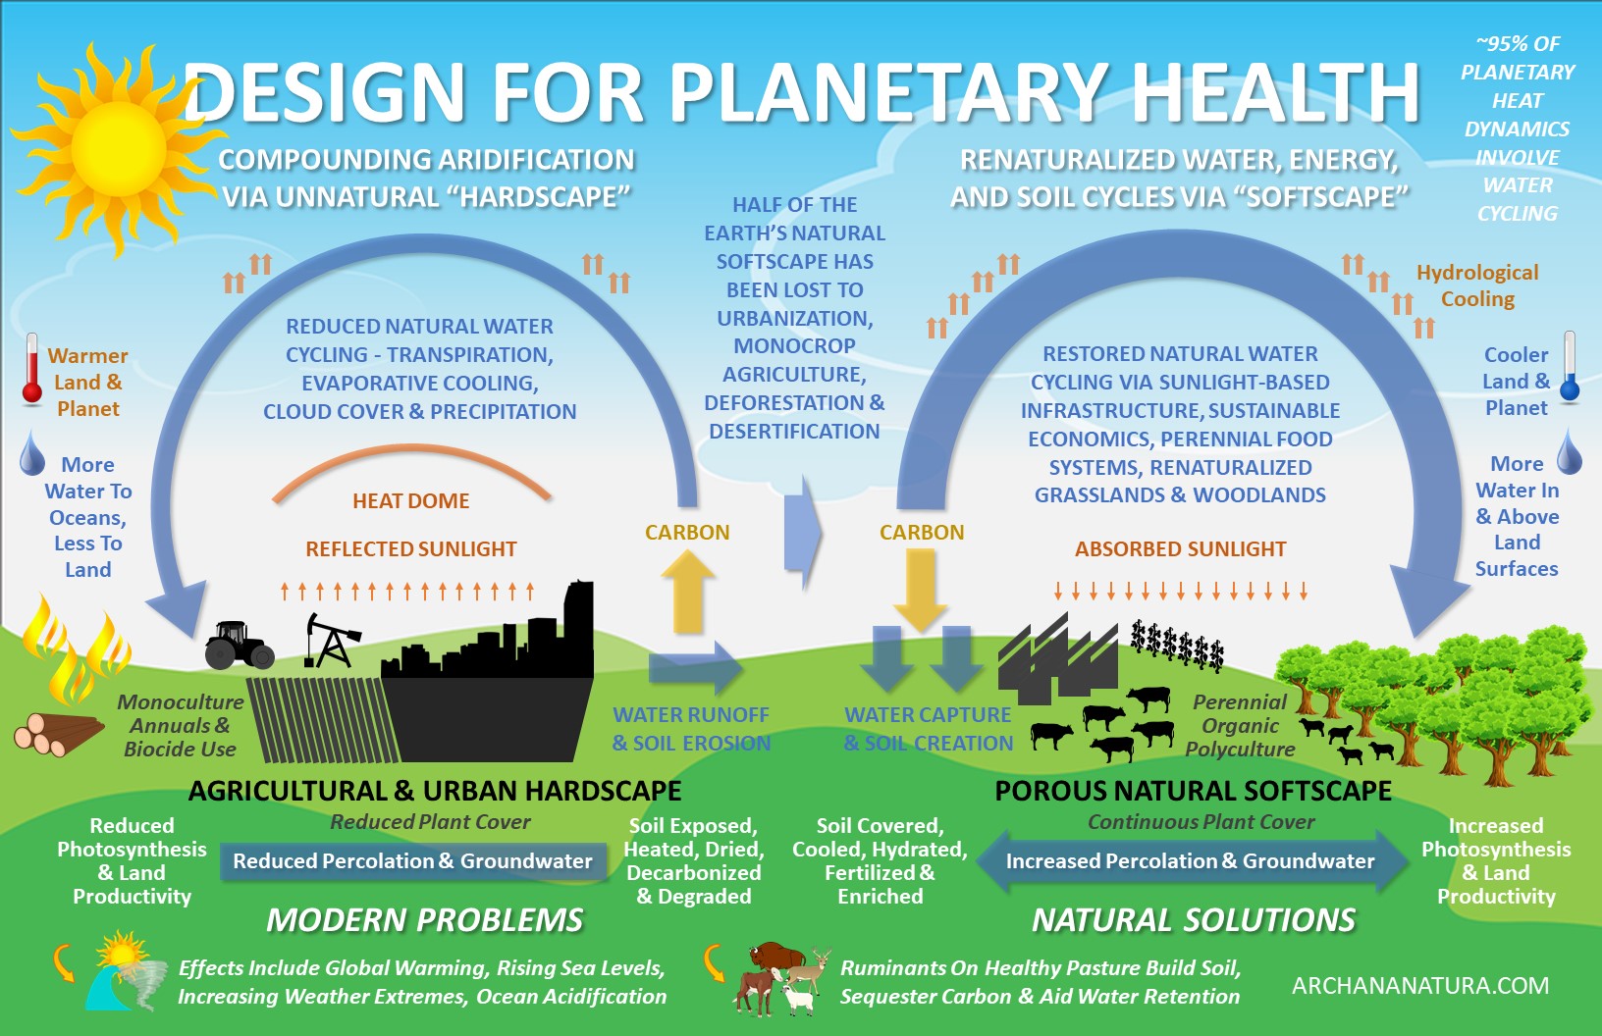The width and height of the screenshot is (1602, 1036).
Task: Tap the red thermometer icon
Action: click(31, 369)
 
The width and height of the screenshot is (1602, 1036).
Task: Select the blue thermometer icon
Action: click(1569, 367)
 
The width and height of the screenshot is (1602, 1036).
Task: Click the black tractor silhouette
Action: click(239, 645)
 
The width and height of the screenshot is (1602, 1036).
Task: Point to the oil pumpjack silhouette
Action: click(333, 640)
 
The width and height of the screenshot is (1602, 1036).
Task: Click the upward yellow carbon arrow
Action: click(688, 592)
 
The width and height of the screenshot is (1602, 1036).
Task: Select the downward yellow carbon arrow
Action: click(921, 590)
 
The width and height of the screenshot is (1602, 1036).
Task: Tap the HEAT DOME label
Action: click(410, 501)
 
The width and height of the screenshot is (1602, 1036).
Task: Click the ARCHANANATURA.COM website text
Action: click(1419, 985)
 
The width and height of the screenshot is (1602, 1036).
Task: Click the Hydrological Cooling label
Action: click(1476, 285)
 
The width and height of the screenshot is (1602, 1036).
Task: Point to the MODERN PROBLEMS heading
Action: click(425, 920)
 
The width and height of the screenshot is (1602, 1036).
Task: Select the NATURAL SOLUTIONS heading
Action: click(1194, 920)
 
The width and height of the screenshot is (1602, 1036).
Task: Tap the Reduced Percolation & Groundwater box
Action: click(412, 860)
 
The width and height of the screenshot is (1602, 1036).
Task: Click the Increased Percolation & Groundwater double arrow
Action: click(1191, 860)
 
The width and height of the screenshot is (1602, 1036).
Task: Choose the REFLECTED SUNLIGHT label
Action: click(410, 549)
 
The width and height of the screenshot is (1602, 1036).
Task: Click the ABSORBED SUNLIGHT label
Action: click(1180, 549)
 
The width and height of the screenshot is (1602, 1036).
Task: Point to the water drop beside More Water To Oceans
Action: click(32, 452)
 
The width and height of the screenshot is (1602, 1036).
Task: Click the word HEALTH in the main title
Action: click(1275, 93)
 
